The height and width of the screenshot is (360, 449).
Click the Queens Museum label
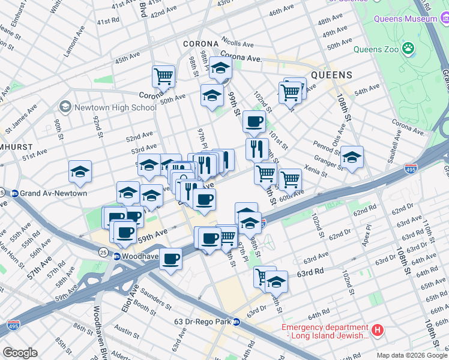tap(406, 19)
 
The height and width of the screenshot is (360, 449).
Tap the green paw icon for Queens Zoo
tap(408, 47)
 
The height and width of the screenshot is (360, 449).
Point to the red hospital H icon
tap(377, 330)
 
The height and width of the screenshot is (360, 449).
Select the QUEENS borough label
tap(330, 76)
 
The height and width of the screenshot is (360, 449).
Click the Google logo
tap(20, 353)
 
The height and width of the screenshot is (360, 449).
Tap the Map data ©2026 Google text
tap(411, 355)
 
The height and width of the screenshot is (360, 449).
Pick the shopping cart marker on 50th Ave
tap(163, 77)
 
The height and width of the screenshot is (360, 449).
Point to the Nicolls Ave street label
tap(237, 43)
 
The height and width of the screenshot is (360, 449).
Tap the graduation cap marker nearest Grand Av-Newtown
tap(80, 172)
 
